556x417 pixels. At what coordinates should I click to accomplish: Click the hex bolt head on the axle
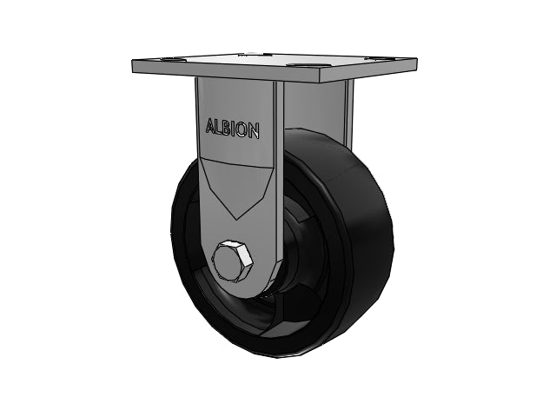pos(233,261)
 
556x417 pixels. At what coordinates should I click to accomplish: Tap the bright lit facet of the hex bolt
pos(245,254)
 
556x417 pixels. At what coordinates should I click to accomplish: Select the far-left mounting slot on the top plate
pos(171,59)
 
